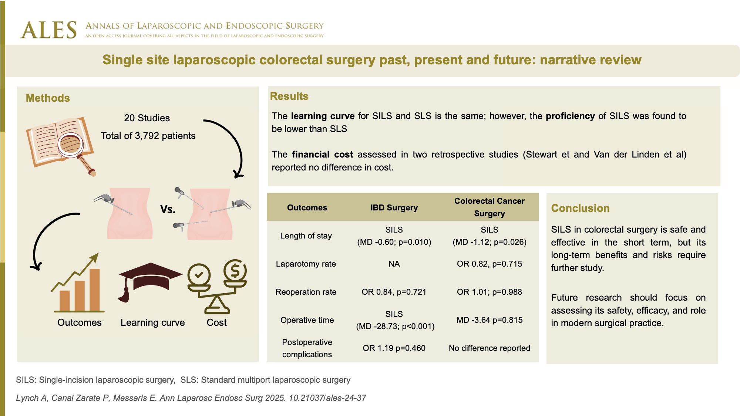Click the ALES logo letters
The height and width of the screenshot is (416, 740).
coord(48,30)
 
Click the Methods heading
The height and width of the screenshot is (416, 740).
coord(48,98)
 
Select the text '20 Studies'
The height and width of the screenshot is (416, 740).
coord(147,118)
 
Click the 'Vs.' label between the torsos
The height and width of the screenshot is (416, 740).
coord(168,209)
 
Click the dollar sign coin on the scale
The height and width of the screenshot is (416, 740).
coord(235,271)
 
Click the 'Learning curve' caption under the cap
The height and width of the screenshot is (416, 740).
coord(152,322)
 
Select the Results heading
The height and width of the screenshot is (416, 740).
coord(289,96)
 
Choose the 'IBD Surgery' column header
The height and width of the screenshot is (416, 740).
coord(394,207)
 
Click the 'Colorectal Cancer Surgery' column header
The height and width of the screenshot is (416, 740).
coord(490,207)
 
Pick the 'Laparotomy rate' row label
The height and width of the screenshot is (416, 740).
coord(306,264)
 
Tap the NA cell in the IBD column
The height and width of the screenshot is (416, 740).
coord(394,264)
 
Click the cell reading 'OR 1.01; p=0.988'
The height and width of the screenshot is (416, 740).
coord(490,292)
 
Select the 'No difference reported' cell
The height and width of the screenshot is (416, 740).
coord(490,348)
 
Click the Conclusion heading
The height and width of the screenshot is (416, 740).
coord(580,208)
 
